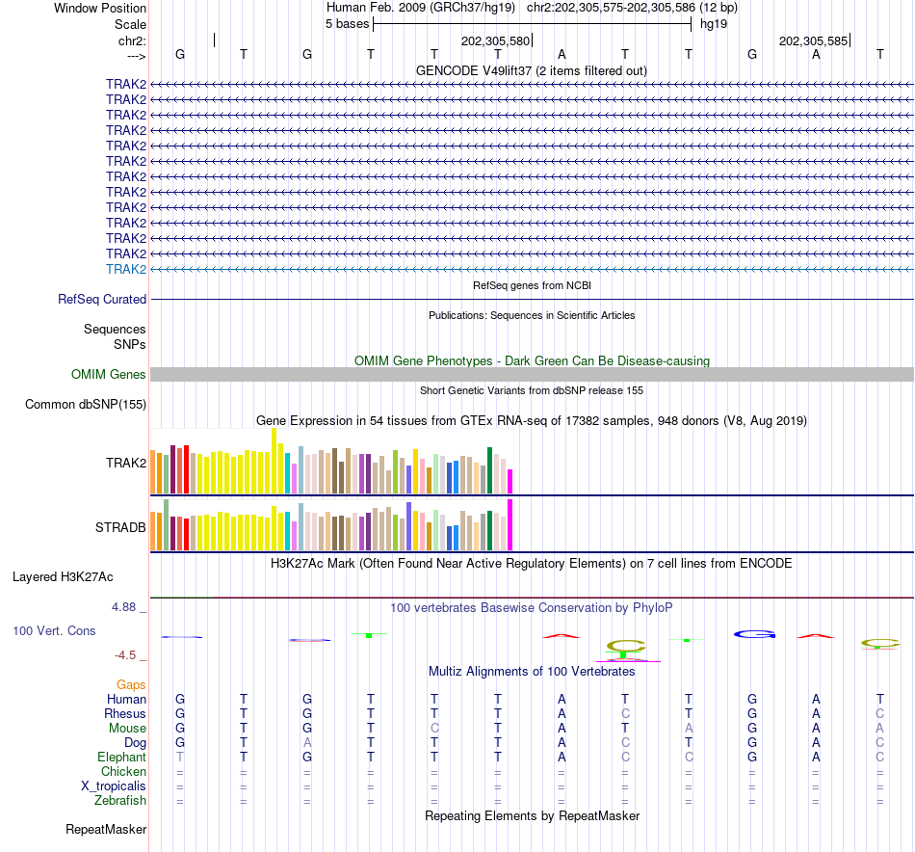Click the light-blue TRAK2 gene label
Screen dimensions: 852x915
click(126, 269)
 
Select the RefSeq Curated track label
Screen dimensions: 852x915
click(102, 300)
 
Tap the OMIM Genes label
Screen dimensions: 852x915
click(109, 375)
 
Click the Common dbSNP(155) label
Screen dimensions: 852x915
click(86, 405)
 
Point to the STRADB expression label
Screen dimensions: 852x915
click(120, 528)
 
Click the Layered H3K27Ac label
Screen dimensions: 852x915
click(63, 577)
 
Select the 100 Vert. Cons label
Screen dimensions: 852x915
click(54, 631)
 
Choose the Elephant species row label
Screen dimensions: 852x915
click(121, 758)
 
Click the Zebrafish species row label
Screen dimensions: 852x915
click(120, 801)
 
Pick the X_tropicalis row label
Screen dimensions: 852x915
click(114, 786)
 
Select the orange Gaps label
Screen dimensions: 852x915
click(131, 685)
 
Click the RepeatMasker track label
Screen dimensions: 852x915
click(106, 829)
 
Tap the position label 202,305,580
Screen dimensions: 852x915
click(495, 41)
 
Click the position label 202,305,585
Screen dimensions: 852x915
click(813, 41)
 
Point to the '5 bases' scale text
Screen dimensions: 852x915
click(347, 24)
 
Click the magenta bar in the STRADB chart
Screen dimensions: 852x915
click(510, 524)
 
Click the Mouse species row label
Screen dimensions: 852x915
click(127, 729)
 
